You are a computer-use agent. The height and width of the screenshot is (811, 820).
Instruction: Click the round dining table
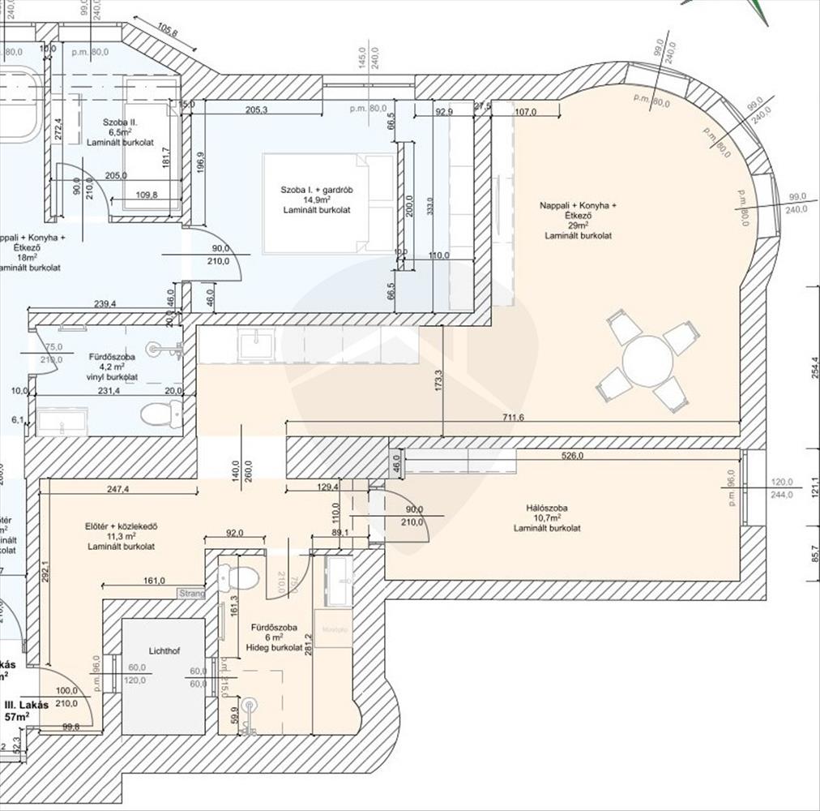point(648,361)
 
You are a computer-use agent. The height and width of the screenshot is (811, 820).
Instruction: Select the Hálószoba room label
point(546,508)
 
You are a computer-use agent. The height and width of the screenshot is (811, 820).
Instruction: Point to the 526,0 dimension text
point(571,456)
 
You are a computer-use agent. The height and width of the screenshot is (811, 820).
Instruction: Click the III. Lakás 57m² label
point(28,711)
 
